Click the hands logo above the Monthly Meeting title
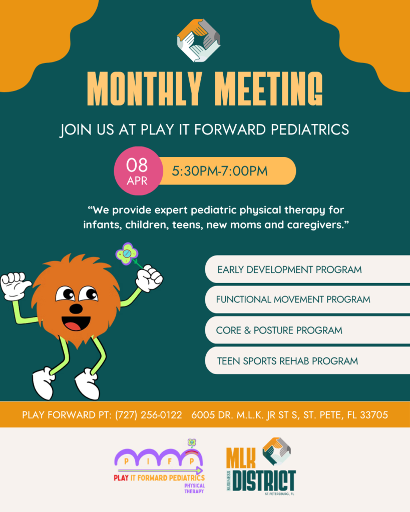click(198, 40)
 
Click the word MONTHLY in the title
click(144, 88)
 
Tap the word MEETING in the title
click(270, 88)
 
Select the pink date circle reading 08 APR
click(138, 171)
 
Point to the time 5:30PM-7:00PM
click(220, 171)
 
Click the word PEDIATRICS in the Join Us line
click(309, 129)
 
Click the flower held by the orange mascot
click(127, 253)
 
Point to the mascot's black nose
click(76, 308)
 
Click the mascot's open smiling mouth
click(76, 323)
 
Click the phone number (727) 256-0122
click(149, 414)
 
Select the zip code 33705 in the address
click(374, 414)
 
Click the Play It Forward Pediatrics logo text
click(159, 478)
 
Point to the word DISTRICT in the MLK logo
click(265, 481)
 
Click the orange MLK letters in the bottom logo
click(241, 458)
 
